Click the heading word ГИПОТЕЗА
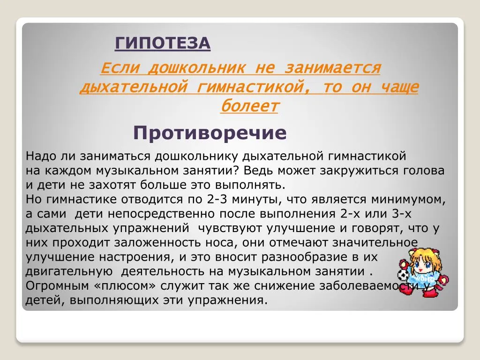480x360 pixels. pyautogui.click(x=163, y=43)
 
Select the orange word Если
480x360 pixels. pyautogui.click(x=120, y=67)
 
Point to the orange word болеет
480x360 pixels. pyautogui.click(x=249, y=106)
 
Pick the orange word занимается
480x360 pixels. pyautogui.click(x=333, y=68)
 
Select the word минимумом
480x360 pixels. pyautogui.click(x=408, y=199)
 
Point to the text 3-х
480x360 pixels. pyautogui.click(x=402, y=213)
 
